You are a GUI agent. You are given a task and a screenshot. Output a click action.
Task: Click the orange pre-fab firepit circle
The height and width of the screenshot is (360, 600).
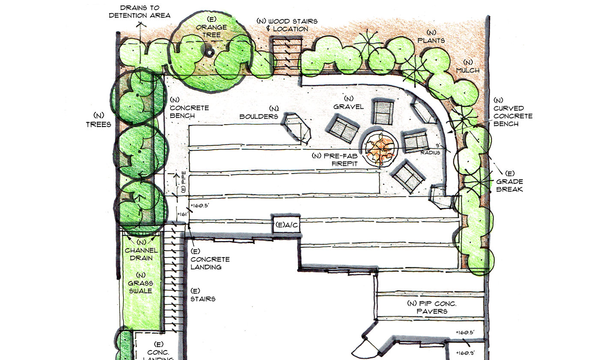point(379,149)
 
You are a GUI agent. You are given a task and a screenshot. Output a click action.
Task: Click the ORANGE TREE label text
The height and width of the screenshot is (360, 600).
point(211,31)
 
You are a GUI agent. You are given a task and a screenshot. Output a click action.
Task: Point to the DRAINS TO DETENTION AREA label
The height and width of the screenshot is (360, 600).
point(140,12)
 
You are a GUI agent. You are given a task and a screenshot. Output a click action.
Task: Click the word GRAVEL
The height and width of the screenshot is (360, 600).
point(348,107)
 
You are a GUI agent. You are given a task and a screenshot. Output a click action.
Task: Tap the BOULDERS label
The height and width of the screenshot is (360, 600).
point(258,117)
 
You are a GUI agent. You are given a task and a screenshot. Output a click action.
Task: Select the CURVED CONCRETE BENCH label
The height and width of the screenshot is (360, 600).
point(513,116)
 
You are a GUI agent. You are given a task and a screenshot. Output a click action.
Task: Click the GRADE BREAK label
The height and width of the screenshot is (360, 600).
point(510,185)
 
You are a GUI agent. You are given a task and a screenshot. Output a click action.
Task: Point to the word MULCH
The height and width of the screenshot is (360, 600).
point(468,70)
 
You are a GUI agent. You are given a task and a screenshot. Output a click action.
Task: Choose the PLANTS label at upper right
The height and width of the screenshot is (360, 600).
point(431,40)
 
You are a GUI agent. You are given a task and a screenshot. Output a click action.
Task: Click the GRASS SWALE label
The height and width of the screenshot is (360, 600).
point(141,287)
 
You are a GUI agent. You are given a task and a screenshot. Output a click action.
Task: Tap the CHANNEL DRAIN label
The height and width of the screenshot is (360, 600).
point(141,254)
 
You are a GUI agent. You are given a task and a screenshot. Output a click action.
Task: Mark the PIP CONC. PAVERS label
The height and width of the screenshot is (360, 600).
point(432,307)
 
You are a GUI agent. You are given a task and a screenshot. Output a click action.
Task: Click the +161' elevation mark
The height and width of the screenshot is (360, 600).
point(183,214)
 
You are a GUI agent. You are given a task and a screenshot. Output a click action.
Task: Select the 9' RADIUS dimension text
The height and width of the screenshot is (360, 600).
point(430,149)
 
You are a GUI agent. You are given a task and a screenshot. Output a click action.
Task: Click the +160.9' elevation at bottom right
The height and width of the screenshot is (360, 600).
point(466,353)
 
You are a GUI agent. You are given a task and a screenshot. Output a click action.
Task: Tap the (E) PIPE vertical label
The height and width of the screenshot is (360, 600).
point(183,182)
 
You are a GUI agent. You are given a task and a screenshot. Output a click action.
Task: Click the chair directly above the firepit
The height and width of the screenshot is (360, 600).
point(384,112)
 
